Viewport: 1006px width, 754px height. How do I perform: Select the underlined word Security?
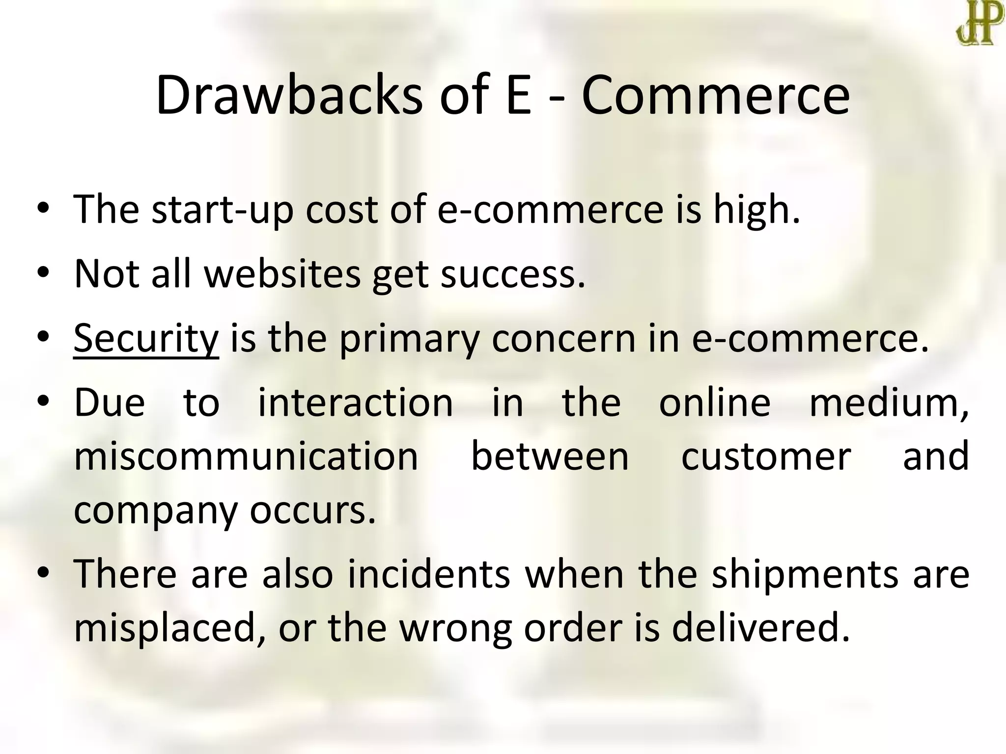click(x=146, y=339)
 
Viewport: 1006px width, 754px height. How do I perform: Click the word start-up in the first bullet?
click(x=223, y=210)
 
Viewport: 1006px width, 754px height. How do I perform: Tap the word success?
click(x=513, y=273)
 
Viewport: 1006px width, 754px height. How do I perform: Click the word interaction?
click(x=356, y=403)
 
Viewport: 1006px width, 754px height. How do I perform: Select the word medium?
click(x=888, y=403)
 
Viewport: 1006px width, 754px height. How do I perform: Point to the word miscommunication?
click(x=246, y=457)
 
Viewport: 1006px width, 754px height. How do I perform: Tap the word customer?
click(x=766, y=457)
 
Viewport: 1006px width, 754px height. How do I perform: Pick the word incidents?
click(x=429, y=574)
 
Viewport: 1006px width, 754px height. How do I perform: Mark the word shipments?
click(x=805, y=574)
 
